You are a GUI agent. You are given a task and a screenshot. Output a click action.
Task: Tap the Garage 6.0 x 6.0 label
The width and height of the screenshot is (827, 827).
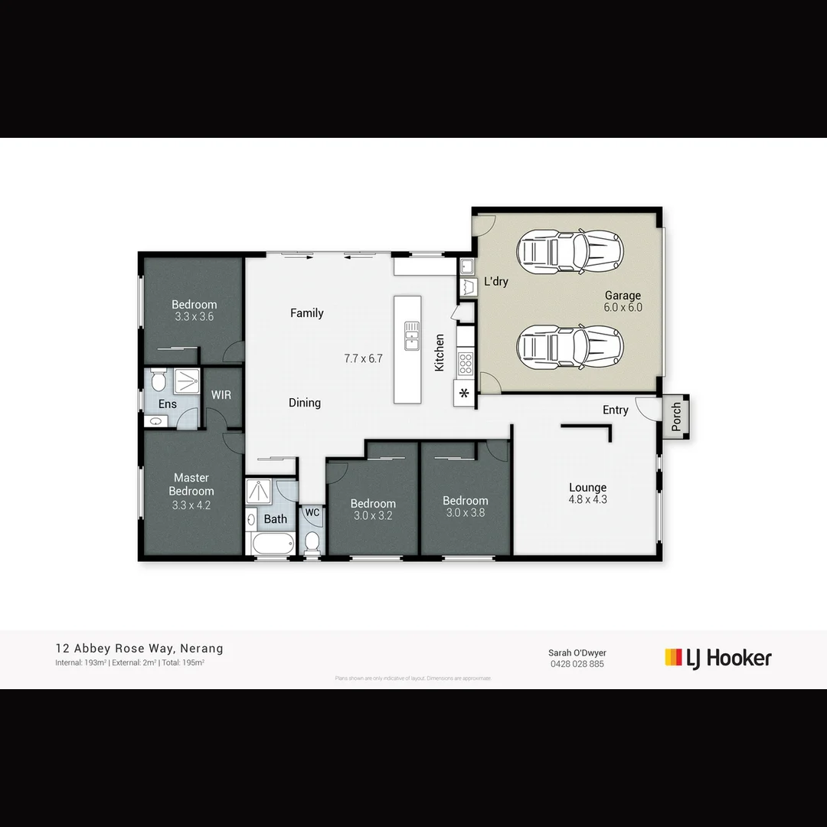point(623,301)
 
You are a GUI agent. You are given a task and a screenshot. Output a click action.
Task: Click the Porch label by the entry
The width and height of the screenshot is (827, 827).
point(676,417)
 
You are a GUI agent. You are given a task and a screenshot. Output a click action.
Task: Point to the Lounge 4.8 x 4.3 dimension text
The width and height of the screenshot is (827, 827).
point(587,493)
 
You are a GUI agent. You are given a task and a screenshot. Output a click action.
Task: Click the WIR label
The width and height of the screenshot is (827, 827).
point(221,395)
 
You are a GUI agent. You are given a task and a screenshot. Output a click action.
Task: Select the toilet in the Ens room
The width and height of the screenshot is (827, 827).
point(159,380)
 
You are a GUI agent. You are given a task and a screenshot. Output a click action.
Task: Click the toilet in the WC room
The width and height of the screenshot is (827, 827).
point(312,542)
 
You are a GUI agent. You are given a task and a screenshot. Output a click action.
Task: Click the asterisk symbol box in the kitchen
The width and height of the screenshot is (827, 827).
point(464,395)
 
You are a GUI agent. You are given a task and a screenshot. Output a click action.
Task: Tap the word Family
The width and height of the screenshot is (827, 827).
point(306,312)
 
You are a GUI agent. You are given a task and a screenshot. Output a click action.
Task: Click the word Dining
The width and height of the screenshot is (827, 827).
point(304,403)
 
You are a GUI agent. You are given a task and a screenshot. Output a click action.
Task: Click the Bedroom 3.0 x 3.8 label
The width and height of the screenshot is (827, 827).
point(465,507)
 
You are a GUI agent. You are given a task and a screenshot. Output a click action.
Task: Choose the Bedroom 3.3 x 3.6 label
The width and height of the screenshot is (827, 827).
point(194,310)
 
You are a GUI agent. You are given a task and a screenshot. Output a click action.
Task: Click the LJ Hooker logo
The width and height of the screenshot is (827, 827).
point(717,658)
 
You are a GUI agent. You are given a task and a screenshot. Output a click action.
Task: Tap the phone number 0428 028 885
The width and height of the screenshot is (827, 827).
point(577,664)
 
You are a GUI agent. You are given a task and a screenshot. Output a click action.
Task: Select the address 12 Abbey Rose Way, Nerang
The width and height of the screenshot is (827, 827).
point(139,649)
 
